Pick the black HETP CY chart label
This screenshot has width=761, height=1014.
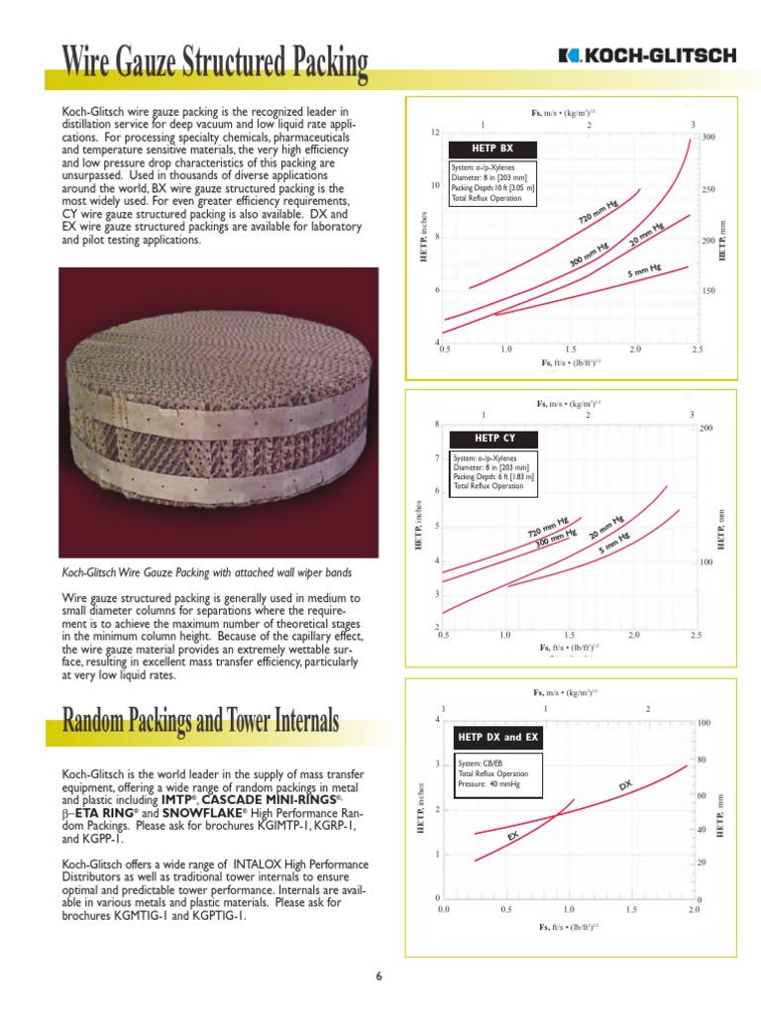coord(481,438)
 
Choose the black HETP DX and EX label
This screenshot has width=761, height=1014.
coord(495,739)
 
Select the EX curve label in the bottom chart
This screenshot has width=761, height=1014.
coord(513,838)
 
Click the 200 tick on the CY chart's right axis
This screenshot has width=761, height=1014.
coord(707,428)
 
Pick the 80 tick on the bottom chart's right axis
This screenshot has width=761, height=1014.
coord(704,760)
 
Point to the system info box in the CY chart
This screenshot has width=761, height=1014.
coord(493,471)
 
